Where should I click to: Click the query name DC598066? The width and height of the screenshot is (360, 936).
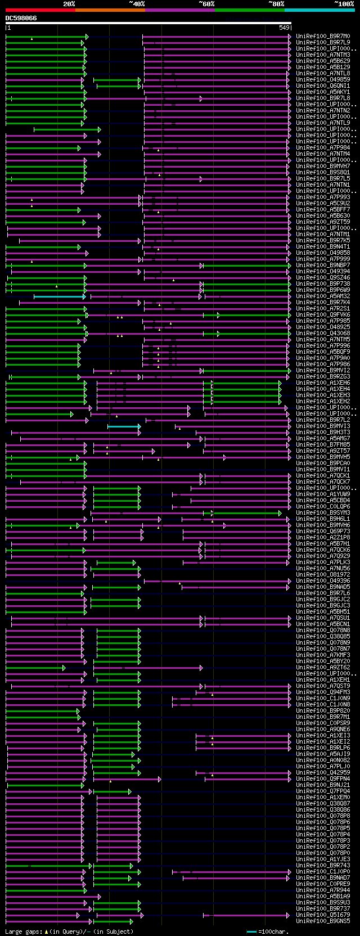coord(21,18)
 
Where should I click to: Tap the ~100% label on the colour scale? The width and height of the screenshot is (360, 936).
coord(344,4)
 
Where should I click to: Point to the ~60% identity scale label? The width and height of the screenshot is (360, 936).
coord(206,4)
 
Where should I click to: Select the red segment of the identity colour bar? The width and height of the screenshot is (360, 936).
coord(40,10)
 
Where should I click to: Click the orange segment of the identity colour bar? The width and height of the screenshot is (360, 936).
coord(110,10)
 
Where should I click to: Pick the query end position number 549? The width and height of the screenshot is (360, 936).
coord(284,28)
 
